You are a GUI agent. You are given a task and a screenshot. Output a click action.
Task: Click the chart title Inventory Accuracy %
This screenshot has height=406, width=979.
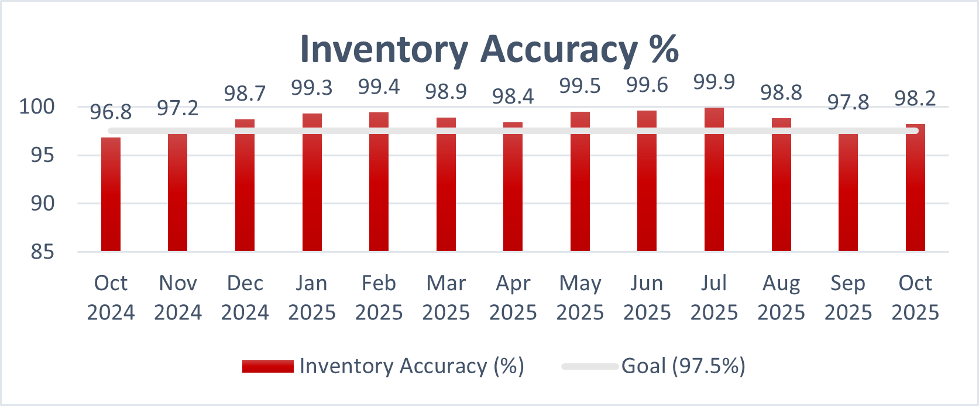click(x=489, y=49)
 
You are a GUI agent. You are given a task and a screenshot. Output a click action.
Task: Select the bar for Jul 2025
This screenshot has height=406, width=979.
click(x=714, y=181)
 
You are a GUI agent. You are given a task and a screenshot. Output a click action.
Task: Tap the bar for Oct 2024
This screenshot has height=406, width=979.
click(x=111, y=196)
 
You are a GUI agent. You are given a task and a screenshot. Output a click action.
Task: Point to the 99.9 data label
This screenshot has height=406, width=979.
click(x=714, y=82)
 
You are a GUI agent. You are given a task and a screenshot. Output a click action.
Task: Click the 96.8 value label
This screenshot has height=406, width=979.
click(x=111, y=112)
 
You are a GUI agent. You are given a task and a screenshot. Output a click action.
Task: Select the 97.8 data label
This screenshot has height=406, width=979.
click(x=848, y=102)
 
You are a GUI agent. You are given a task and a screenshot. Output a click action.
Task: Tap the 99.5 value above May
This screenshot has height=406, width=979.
click(x=580, y=86)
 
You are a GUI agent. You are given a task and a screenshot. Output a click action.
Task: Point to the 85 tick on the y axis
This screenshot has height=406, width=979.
click(x=42, y=252)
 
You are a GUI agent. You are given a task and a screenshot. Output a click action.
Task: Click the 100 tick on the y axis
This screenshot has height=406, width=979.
click(x=37, y=106)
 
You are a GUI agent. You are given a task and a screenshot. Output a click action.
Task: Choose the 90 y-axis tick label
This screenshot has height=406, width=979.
click(x=42, y=204)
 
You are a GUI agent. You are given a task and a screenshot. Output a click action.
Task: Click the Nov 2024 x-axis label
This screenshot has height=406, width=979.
click(x=178, y=297)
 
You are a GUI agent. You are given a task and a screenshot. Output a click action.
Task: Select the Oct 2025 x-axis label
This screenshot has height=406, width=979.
click(x=915, y=297)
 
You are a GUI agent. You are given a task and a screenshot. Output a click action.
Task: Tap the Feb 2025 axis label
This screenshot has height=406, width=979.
click(x=379, y=297)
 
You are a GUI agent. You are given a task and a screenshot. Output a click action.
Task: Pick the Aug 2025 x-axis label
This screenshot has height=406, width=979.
click(x=781, y=297)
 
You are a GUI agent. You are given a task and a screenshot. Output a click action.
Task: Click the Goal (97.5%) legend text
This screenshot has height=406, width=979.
click(x=683, y=366)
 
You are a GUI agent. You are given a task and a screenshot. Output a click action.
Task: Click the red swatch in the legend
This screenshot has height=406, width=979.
click(x=267, y=366)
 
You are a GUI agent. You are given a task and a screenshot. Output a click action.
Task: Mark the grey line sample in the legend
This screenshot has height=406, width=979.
click(x=589, y=366)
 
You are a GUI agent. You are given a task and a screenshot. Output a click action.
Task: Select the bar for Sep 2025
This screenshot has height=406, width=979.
click(x=848, y=193)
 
